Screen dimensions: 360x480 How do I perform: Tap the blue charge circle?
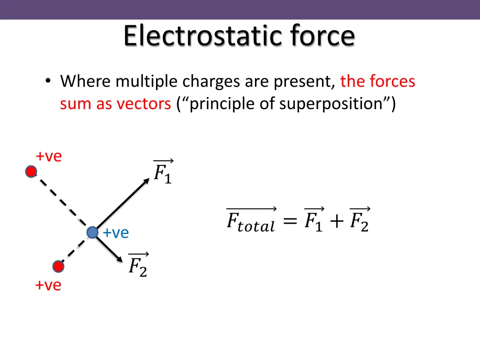[92, 232]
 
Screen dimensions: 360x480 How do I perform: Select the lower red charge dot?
[58, 267]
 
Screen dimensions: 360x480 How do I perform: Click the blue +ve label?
[116, 232]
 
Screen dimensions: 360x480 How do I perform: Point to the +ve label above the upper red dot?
[49, 157]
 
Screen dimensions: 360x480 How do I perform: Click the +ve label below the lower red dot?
[48, 285]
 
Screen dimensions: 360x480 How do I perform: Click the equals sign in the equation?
[290, 222]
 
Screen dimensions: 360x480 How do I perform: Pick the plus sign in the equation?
[336, 222]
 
